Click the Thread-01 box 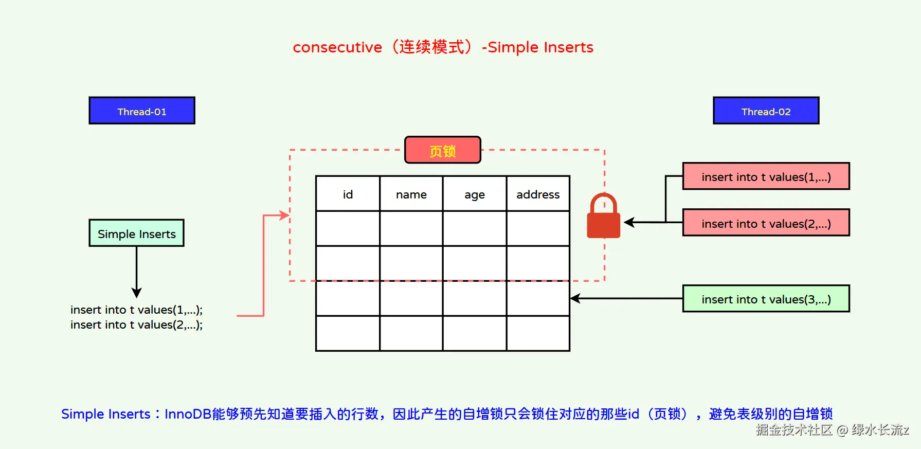(x=142, y=111)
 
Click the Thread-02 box (x=766, y=111)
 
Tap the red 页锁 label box (x=443, y=150)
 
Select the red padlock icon (x=604, y=217)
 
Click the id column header (x=348, y=194)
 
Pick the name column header (x=411, y=194)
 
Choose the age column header (x=474, y=194)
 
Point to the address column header (x=538, y=194)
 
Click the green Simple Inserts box (x=137, y=234)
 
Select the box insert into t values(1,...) (x=766, y=176)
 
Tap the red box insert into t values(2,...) (x=766, y=223)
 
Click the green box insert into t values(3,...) (x=766, y=299)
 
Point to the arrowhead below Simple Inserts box (x=136, y=293)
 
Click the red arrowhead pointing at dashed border (x=284, y=215)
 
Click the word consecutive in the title (x=337, y=47)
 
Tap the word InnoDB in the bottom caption (x=188, y=414)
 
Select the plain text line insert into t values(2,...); (x=136, y=325)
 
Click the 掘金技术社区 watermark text (x=793, y=430)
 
